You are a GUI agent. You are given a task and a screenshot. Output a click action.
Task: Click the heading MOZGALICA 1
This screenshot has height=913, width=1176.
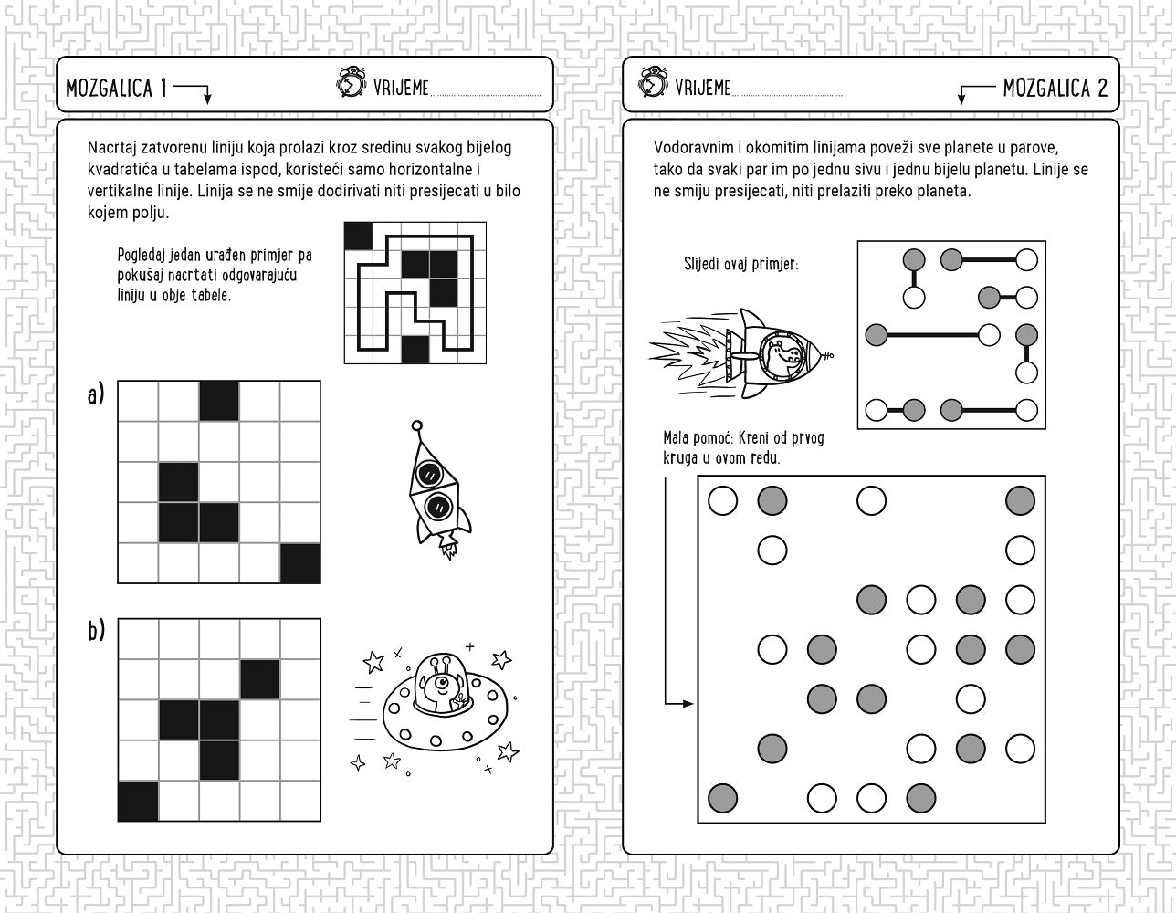tap(117, 88)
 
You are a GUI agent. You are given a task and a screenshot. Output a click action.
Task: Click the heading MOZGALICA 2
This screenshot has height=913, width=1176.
tap(1055, 88)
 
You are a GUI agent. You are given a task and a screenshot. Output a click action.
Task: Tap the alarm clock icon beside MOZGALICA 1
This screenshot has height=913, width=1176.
tap(351, 82)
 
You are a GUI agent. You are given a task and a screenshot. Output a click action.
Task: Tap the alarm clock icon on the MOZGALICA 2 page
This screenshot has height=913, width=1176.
tap(653, 82)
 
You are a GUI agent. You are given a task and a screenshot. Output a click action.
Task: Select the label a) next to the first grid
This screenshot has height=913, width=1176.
tap(96, 394)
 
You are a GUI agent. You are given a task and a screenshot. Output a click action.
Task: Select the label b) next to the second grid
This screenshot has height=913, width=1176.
tap(97, 631)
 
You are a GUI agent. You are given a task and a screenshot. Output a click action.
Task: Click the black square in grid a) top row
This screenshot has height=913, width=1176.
tap(219, 401)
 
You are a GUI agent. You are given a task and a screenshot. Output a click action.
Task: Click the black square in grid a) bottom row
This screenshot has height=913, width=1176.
tap(300, 563)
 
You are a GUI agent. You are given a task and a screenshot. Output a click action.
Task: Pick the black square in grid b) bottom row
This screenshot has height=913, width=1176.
tap(138, 801)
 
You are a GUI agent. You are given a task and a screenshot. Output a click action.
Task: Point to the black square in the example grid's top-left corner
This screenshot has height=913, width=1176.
tap(359, 236)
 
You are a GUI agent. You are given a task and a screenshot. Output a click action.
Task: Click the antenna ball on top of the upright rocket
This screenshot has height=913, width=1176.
tap(416, 425)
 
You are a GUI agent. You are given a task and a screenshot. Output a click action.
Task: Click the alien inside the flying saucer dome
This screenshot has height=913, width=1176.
tap(441, 688)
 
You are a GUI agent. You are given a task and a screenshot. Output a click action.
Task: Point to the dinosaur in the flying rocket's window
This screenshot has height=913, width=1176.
tap(782, 354)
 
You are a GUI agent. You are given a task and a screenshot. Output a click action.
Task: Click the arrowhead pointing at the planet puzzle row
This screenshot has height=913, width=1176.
tap(688, 704)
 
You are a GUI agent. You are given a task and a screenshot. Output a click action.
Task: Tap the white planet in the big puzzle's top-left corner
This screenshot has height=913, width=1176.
tap(722, 500)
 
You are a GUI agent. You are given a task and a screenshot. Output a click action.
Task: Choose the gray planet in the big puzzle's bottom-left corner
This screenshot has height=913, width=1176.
tap(722, 798)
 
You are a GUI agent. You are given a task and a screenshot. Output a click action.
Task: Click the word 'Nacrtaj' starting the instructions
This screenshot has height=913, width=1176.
tap(112, 148)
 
